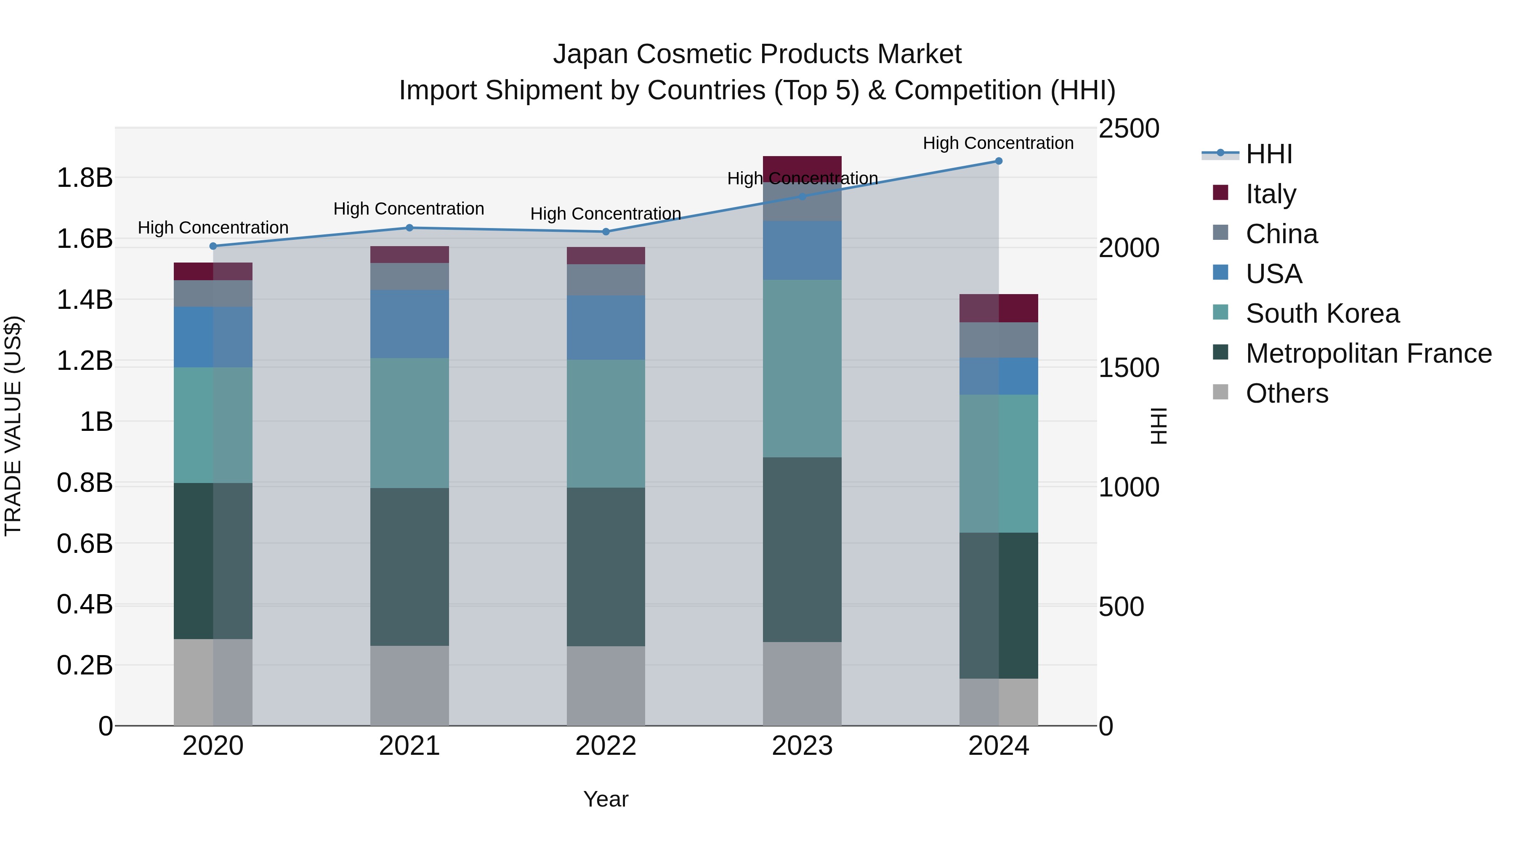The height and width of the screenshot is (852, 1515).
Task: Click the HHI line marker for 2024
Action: tap(998, 161)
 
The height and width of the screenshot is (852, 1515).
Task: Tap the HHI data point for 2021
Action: tap(409, 228)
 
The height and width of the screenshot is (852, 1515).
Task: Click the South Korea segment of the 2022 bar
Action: tap(606, 423)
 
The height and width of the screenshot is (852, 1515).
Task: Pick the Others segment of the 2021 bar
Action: tap(409, 686)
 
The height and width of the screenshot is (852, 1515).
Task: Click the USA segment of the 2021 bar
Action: tap(409, 324)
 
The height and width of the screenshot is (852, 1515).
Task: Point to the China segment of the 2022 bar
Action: tap(606, 279)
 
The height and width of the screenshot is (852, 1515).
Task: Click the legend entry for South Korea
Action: tap(1322, 313)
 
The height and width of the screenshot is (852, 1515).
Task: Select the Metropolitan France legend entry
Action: tap(1368, 353)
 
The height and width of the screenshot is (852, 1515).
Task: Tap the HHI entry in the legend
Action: tap(1268, 154)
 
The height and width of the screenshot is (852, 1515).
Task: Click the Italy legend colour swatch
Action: tap(1220, 193)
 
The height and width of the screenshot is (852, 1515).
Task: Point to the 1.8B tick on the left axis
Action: tap(85, 178)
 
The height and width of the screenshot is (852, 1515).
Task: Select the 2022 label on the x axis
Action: tap(606, 746)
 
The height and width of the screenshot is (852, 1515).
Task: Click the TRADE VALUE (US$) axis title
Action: tap(13, 426)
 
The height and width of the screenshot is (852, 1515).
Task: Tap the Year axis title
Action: tap(606, 799)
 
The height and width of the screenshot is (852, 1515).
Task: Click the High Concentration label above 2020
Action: tap(213, 228)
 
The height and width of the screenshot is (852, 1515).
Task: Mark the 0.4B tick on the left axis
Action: tap(85, 604)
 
